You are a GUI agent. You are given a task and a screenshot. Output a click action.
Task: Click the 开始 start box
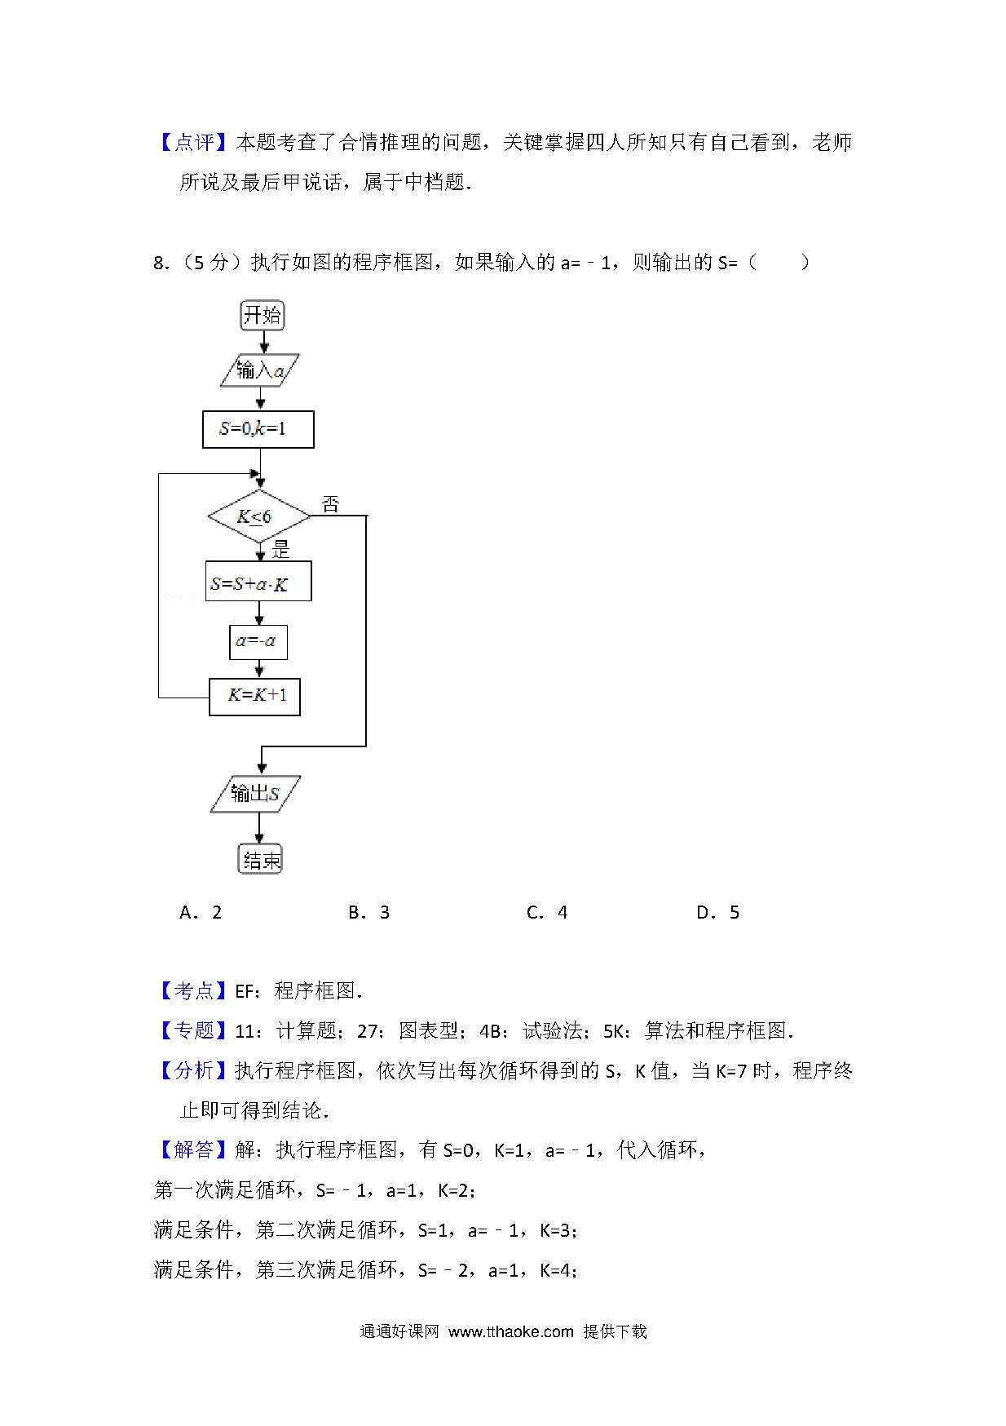click(x=262, y=315)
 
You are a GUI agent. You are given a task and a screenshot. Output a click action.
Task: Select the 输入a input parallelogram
click(x=260, y=370)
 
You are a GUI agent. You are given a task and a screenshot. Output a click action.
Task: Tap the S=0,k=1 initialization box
click(x=258, y=429)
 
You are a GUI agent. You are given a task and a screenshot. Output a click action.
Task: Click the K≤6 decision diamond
click(x=259, y=516)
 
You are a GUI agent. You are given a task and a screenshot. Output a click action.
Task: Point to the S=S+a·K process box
click(x=258, y=582)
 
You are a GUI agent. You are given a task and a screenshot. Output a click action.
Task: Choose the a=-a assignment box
click(x=258, y=642)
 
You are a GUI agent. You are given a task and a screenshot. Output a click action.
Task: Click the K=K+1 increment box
click(x=254, y=697)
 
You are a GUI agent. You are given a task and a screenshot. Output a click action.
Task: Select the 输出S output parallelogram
click(x=256, y=794)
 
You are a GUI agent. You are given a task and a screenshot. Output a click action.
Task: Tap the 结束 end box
click(x=260, y=859)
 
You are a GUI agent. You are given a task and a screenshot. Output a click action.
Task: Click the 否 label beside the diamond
click(x=330, y=504)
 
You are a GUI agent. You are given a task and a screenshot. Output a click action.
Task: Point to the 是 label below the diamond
click(x=281, y=551)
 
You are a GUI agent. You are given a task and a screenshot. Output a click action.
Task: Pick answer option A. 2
click(x=201, y=912)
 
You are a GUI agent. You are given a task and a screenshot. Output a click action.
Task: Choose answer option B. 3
click(x=368, y=912)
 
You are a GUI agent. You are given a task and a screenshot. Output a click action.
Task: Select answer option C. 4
click(x=547, y=912)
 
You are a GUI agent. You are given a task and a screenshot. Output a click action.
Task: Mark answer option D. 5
click(x=717, y=912)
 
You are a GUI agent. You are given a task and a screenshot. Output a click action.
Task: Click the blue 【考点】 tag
click(x=194, y=990)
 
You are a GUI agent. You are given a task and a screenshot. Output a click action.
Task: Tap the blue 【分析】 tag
click(x=194, y=1070)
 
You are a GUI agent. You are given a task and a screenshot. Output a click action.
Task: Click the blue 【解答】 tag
click(x=194, y=1149)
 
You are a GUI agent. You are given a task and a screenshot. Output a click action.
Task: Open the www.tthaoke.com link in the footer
click(x=511, y=1331)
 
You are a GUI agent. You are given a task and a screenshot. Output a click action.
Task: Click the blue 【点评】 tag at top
click(x=194, y=143)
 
